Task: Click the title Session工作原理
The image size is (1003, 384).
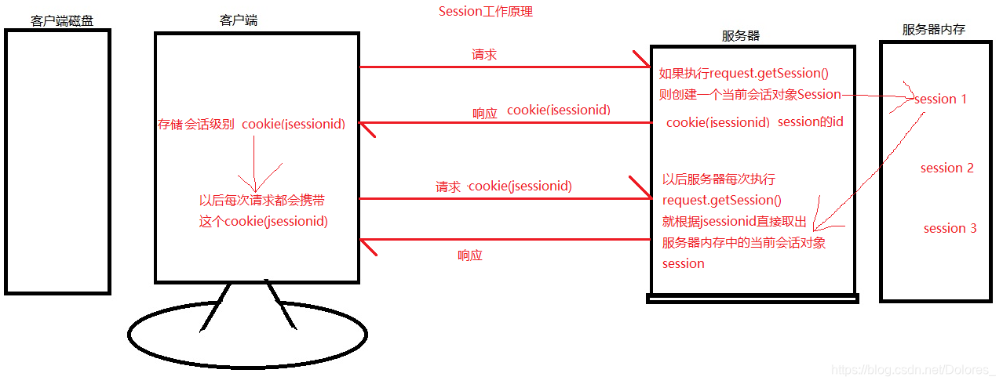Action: pyautogui.click(x=485, y=12)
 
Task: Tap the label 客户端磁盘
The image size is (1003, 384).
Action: pyautogui.click(x=62, y=20)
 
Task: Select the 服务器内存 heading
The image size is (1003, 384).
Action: pyautogui.click(x=933, y=30)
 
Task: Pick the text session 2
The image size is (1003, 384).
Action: pyautogui.click(x=947, y=168)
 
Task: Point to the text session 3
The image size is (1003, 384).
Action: pyautogui.click(x=950, y=228)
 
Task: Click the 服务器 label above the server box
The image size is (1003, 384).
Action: pyautogui.click(x=740, y=36)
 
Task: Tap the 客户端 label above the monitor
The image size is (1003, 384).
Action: pyautogui.click(x=239, y=20)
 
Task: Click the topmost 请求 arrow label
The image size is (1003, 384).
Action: pyautogui.click(x=483, y=55)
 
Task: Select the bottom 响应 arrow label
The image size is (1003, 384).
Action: pyautogui.click(x=470, y=255)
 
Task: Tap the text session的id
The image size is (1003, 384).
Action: pyautogui.click(x=810, y=122)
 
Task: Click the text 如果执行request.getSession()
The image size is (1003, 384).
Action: pyautogui.click(x=743, y=74)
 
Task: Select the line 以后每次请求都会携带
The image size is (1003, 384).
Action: pyautogui.click(x=263, y=199)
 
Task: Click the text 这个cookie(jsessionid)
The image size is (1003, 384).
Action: pyautogui.click(x=263, y=221)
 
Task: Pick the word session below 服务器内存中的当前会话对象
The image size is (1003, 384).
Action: pyautogui.click(x=683, y=263)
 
